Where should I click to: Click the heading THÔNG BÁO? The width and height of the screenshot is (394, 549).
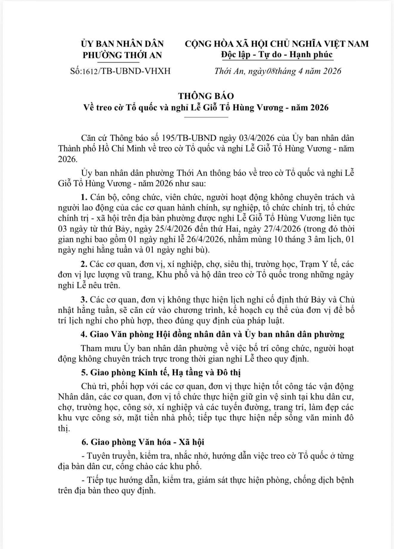[x=206, y=96]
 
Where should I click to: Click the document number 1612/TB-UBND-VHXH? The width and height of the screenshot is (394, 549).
[x=126, y=71]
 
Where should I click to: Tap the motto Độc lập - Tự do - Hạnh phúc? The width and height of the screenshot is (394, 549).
[x=277, y=55]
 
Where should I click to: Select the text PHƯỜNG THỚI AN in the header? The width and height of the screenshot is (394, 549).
[x=122, y=55]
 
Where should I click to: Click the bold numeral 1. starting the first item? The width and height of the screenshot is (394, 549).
[x=84, y=197]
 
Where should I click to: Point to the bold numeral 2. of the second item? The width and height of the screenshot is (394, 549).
[x=84, y=264]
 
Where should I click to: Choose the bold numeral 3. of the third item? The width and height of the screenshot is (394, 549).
[x=84, y=300]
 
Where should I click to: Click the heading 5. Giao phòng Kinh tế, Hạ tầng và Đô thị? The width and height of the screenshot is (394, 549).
[x=161, y=372]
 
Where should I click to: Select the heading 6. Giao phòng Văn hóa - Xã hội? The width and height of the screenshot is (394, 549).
[x=143, y=442]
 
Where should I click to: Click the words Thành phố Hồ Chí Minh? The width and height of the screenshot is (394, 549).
[x=118, y=149]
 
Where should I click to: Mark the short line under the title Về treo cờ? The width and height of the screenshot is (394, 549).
[x=206, y=117]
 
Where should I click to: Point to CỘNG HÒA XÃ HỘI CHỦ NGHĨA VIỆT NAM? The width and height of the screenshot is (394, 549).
[x=277, y=44]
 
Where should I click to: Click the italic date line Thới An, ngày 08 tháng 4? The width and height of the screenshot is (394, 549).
[x=278, y=71]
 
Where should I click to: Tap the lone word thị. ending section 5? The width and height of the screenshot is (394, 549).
[x=63, y=428]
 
